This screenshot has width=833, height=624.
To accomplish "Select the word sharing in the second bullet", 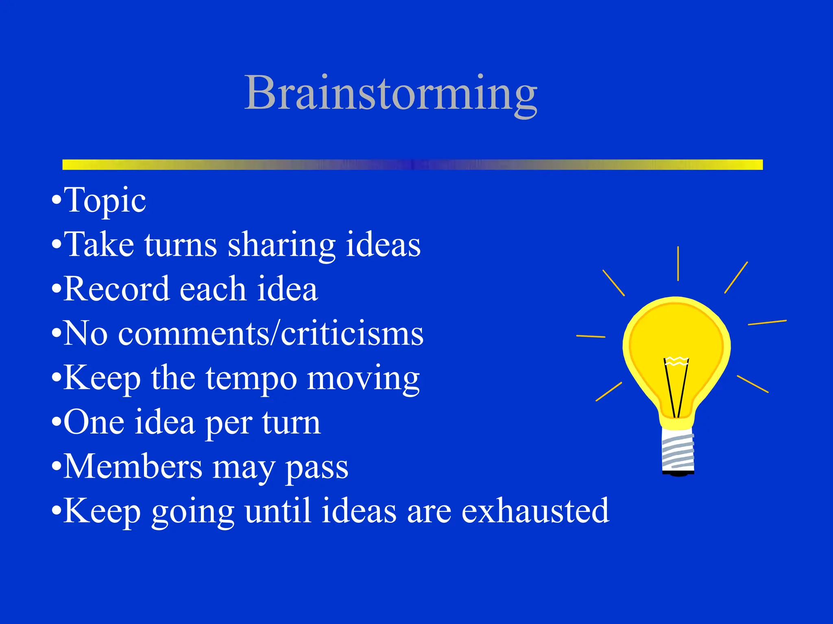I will tap(281, 245).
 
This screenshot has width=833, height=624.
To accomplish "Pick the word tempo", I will tap(251, 378).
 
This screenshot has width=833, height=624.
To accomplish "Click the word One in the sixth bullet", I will tap(94, 422).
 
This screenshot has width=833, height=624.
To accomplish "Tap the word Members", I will tap(133, 467).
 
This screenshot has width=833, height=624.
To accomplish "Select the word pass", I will tap(316, 468).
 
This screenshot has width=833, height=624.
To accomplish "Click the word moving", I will tap(363, 378).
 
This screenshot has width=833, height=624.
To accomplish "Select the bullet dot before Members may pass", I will tap(57, 467).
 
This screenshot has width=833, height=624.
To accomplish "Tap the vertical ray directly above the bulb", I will tap(678, 263).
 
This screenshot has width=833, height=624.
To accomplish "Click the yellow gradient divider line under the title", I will tap(412, 165).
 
